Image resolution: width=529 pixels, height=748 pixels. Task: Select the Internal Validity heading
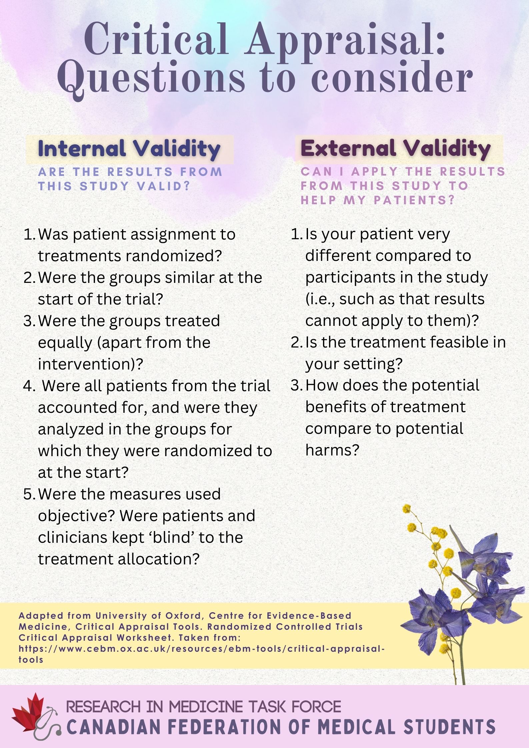(x=129, y=149)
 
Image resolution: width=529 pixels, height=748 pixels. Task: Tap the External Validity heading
(x=396, y=148)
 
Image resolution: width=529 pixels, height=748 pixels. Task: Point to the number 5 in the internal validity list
(x=28, y=494)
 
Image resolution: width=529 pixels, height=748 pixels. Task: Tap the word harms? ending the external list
(x=332, y=450)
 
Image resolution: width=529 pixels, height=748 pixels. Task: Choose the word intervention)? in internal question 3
(x=90, y=364)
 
